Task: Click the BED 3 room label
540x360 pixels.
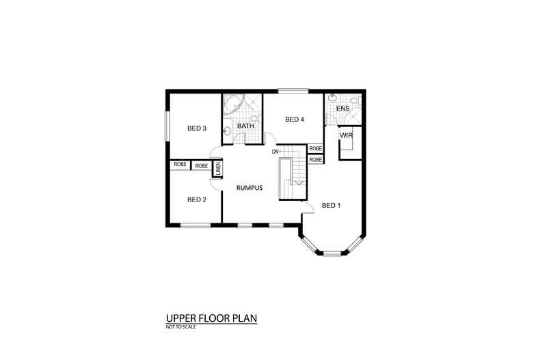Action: click(x=197, y=128)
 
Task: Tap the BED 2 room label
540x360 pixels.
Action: click(x=197, y=199)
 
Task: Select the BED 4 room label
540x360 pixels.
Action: click(x=295, y=120)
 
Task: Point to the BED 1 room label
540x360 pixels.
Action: click(x=331, y=206)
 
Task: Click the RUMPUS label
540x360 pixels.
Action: click(x=249, y=188)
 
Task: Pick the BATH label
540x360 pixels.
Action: click(x=245, y=126)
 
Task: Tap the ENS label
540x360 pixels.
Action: click(x=343, y=109)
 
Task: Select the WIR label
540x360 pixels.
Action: click(x=346, y=136)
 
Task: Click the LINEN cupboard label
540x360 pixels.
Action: click(x=217, y=169)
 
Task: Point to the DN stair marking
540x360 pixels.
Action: click(x=275, y=152)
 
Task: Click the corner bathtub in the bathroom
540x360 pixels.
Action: click(x=233, y=104)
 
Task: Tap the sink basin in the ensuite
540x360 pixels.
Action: click(x=332, y=98)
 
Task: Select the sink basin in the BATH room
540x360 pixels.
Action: click(x=227, y=130)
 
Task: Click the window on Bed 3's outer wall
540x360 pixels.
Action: click(x=167, y=126)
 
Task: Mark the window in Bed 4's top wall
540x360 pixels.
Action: click(x=293, y=91)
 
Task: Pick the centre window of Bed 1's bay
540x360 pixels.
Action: click(x=332, y=254)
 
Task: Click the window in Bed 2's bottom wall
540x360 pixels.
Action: click(x=195, y=225)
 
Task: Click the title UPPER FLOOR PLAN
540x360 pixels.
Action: click(x=211, y=318)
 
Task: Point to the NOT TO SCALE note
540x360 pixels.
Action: click(x=181, y=327)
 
